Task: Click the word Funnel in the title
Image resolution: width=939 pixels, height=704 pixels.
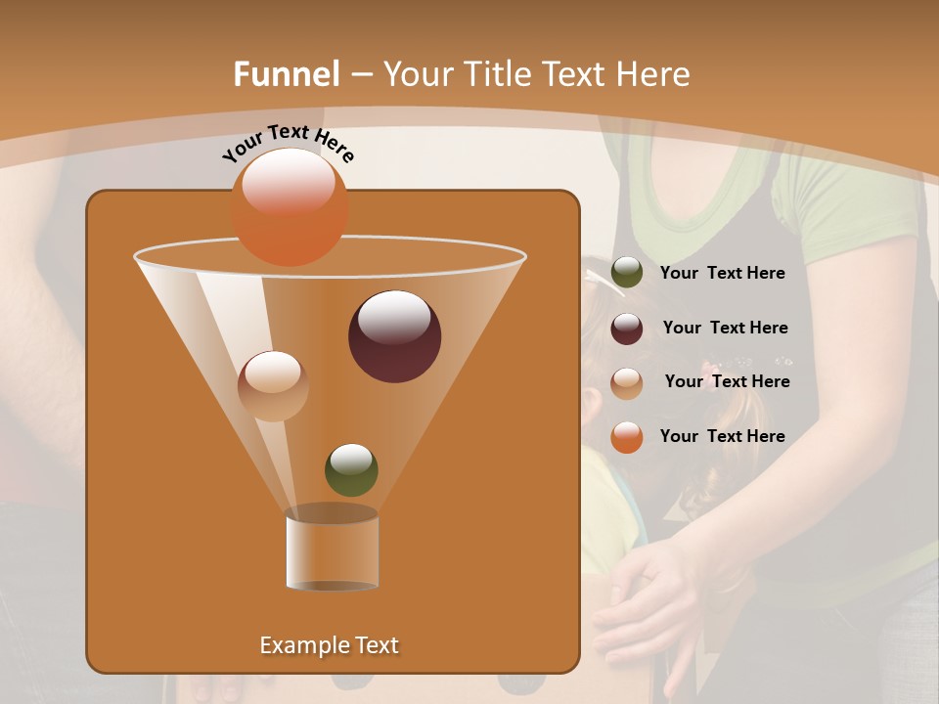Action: click(286, 74)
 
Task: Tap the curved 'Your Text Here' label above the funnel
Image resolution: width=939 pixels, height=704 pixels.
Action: click(288, 144)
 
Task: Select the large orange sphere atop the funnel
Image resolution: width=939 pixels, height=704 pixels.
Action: click(290, 207)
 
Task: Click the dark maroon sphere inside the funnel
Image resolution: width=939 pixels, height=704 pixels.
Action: click(394, 336)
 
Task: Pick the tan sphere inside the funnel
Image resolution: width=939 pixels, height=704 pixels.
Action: click(273, 385)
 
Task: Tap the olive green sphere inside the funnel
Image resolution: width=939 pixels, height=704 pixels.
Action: click(351, 469)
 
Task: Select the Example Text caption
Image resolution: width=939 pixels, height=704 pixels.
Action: click(330, 645)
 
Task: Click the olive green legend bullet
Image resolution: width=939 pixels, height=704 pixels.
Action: click(627, 273)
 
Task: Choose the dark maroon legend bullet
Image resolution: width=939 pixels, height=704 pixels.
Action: click(627, 329)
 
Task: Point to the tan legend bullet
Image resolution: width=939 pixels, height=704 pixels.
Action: click(627, 382)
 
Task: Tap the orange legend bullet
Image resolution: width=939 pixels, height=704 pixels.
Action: click(627, 436)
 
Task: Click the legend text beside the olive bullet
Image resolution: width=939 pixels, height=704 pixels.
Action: click(722, 274)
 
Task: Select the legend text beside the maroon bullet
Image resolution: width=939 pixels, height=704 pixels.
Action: click(725, 329)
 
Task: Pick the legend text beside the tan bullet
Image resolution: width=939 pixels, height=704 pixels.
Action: click(727, 382)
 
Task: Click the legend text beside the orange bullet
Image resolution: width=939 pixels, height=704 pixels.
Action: click(722, 436)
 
